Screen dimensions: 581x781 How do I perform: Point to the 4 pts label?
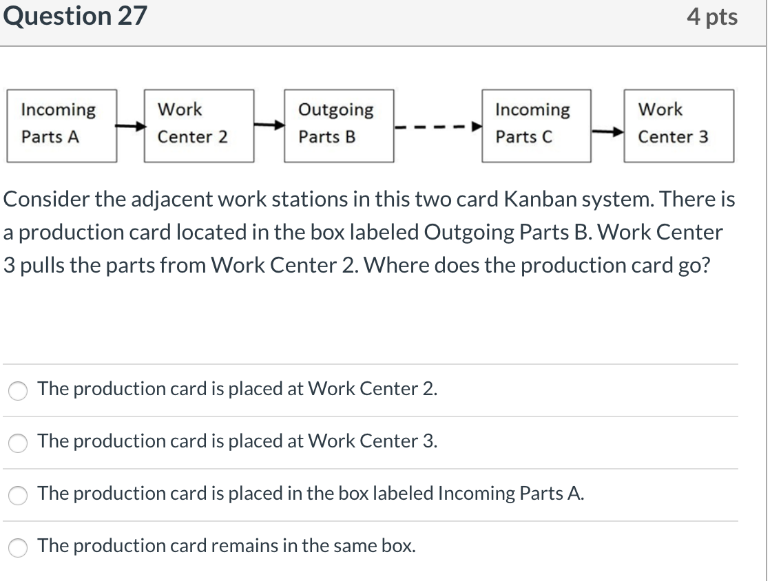pyautogui.click(x=711, y=17)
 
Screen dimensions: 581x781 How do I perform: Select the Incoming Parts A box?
pyautogui.click(x=61, y=125)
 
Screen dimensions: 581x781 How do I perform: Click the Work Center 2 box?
pyautogui.click(x=199, y=125)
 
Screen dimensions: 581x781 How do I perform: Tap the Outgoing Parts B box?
pyautogui.click(x=339, y=125)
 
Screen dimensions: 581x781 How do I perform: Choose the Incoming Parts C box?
pyautogui.click(x=537, y=125)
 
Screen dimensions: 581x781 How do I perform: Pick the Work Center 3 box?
pyautogui.click(x=678, y=125)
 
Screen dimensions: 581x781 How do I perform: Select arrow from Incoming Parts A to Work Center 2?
pyautogui.click(x=130, y=127)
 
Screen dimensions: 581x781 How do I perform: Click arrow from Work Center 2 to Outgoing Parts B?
pyautogui.click(x=269, y=125)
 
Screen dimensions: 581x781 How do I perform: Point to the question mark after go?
pyautogui.click(x=705, y=265)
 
